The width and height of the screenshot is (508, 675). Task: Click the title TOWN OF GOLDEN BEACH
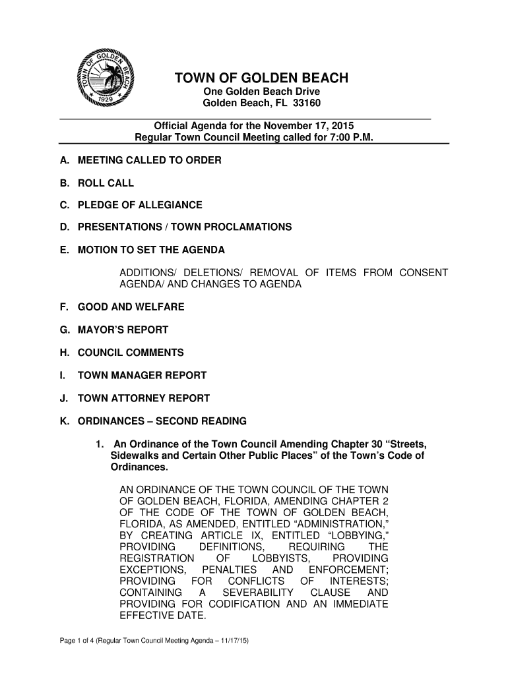[261, 79]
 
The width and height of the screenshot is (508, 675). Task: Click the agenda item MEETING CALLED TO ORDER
[150, 160]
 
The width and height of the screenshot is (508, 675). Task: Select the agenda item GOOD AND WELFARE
[131, 307]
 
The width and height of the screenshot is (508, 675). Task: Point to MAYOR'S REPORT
[123, 330]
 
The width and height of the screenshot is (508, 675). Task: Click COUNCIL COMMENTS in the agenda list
[131, 353]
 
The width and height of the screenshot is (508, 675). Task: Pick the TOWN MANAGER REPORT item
[143, 375]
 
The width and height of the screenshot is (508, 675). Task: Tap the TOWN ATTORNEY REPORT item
[144, 398]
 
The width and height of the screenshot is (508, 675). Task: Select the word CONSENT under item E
[424, 273]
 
